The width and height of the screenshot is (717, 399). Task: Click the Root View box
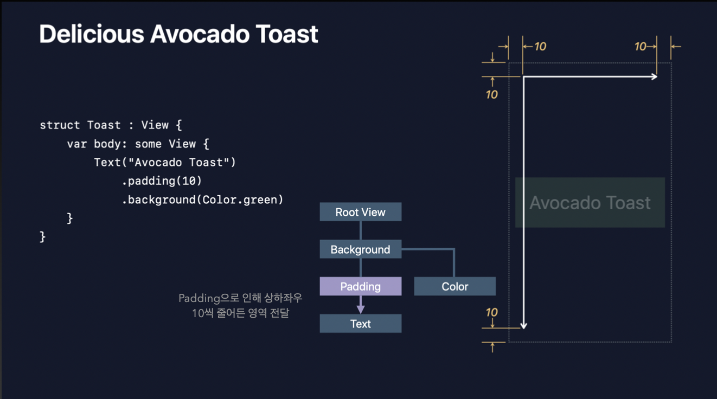click(360, 212)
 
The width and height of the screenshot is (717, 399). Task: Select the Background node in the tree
click(360, 249)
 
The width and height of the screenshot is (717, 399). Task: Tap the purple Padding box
click(360, 286)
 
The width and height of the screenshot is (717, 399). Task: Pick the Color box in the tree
click(454, 286)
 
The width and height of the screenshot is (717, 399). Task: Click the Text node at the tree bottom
click(360, 324)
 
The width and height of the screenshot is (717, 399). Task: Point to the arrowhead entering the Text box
click(361, 310)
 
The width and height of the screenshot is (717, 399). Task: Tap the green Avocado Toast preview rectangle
click(590, 202)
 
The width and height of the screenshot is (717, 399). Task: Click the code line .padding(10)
click(162, 181)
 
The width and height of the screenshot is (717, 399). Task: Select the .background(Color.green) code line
click(202, 200)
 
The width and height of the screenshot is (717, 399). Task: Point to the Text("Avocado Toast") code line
click(165, 162)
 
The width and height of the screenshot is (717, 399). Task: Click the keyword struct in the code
click(60, 125)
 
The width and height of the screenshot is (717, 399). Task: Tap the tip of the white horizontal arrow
click(656, 77)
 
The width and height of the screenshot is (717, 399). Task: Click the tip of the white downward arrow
click(523, 327)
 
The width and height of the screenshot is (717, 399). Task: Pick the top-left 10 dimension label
click(540, 47)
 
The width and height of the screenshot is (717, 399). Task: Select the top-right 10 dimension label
click(641, 47)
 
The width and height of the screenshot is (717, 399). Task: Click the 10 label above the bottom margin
click(491, 312)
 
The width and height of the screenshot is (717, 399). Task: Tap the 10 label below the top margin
click(491, 94)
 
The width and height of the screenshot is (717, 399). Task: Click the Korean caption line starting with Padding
click(240, 298)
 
